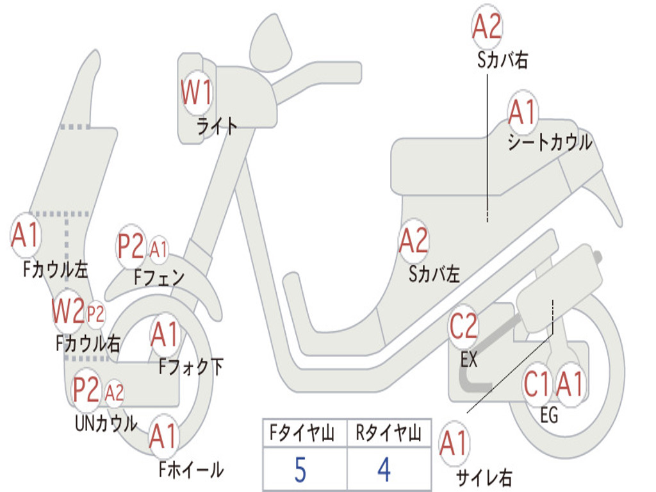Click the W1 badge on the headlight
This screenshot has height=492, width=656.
[x=196, y=94]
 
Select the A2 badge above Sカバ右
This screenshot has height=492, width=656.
[x=486, y=27]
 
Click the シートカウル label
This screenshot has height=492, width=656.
[x=550, y=142]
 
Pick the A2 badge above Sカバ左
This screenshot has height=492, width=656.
[x=413, y=241]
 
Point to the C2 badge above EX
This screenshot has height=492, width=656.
[x=463, y=327]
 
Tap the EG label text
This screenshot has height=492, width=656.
[x=549, y=416]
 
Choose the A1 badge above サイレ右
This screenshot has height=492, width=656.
[x=454, y=444]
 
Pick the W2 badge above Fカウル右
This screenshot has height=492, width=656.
[x=69, y=312]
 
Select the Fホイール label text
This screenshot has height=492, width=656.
[x=191, y=470]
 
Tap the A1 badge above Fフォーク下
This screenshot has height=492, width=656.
[x=165, y=334]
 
